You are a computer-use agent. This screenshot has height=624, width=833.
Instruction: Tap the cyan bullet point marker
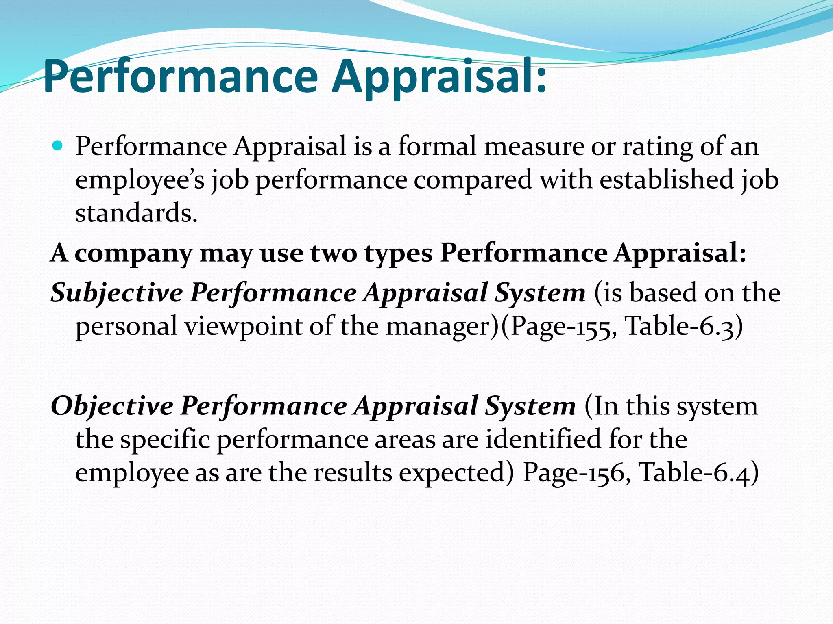(x=58, y=145)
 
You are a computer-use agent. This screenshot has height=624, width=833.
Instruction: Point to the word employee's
(x=140, y=181)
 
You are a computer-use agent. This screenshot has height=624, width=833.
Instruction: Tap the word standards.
(x=136, y=213)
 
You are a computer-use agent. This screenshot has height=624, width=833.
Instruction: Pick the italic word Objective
(x=112, y=406)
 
